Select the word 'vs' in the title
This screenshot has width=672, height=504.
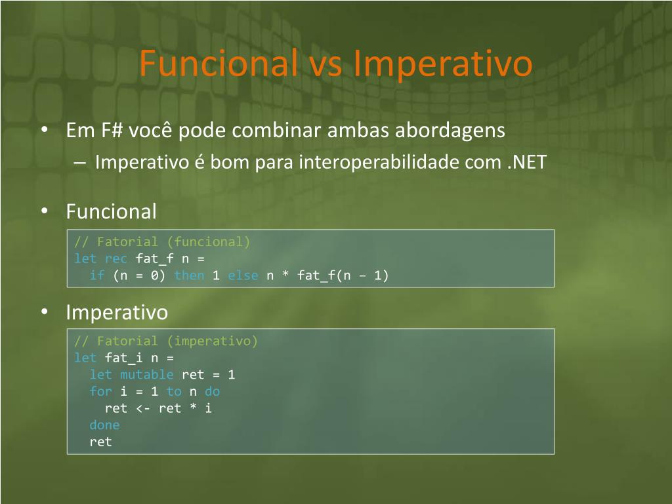tap(326, 66)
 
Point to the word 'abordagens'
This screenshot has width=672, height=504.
tap(450, 131)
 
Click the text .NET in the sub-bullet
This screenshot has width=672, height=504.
tap(527, 162)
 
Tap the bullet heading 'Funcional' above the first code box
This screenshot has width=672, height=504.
tap(112, 212)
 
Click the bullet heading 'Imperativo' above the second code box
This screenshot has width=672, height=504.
tap(117, 312)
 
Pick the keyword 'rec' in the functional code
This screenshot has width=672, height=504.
tap(115, 259)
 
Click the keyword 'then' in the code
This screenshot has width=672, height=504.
tap(189, 275)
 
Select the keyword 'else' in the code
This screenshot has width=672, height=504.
tap(243, 275)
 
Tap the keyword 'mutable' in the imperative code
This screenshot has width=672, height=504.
tap(146, 375)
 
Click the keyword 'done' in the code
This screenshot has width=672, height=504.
tap(104, 425)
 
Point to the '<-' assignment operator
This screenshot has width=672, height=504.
tap(142, 408)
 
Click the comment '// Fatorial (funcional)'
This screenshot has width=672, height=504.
tap(162, 242)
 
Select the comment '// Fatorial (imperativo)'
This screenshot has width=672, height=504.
tap(166, 341)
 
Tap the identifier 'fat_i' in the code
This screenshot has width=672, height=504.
tap(123, 358)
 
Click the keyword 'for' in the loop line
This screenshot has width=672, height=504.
tap(100, 391)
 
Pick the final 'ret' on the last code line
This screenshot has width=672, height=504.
tap(100, 442)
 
